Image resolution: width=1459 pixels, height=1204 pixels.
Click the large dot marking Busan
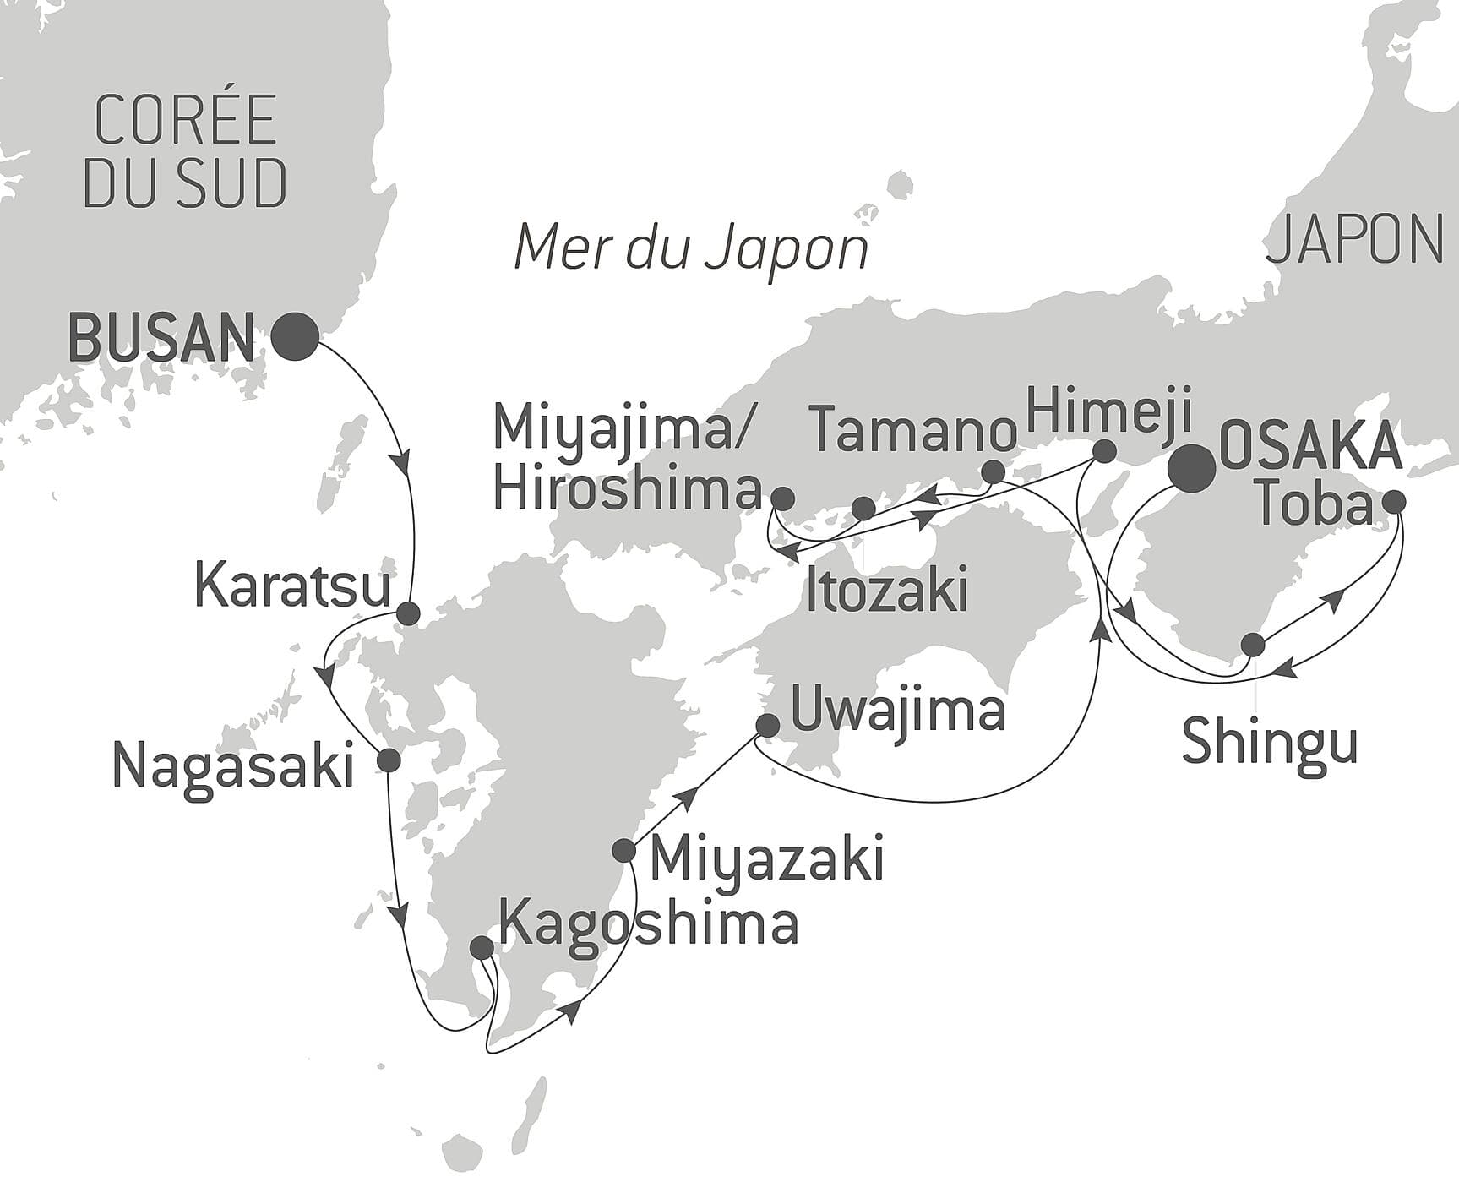[295, 336]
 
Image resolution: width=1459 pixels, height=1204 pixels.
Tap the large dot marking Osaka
[1191, 468]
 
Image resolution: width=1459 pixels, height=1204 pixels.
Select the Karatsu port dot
[408, 613]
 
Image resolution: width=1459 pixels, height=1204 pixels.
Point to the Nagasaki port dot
[389, 760]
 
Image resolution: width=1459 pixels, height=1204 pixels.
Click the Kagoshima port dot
[481, 947]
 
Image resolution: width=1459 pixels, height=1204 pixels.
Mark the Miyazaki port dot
[623, 850]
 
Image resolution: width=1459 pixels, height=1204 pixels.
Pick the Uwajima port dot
[767, 725]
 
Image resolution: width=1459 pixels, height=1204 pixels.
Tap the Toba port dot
[1393, 502]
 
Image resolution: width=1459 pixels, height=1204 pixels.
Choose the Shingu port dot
[1253, 646]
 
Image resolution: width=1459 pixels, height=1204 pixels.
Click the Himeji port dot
[1103, 451]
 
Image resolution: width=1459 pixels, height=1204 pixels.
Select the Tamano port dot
[994, 471]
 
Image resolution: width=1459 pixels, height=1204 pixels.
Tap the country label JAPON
[1354, 238]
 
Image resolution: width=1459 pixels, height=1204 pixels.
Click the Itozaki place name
[886, 591]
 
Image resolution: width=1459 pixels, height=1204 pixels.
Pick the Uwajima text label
[897, 711]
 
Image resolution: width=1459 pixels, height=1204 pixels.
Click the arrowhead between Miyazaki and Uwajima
[689, 795]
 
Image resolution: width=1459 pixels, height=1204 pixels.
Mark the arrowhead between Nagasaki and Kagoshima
[400, 916]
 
